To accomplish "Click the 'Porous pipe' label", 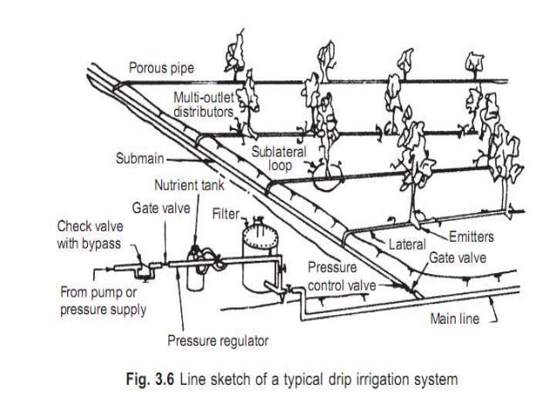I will click(162, 68).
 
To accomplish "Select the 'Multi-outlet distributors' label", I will click(202, 105).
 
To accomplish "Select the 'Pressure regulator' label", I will click(218, 339).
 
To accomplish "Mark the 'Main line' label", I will click(454, 319).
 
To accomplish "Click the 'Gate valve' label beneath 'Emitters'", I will click(456, 259).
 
